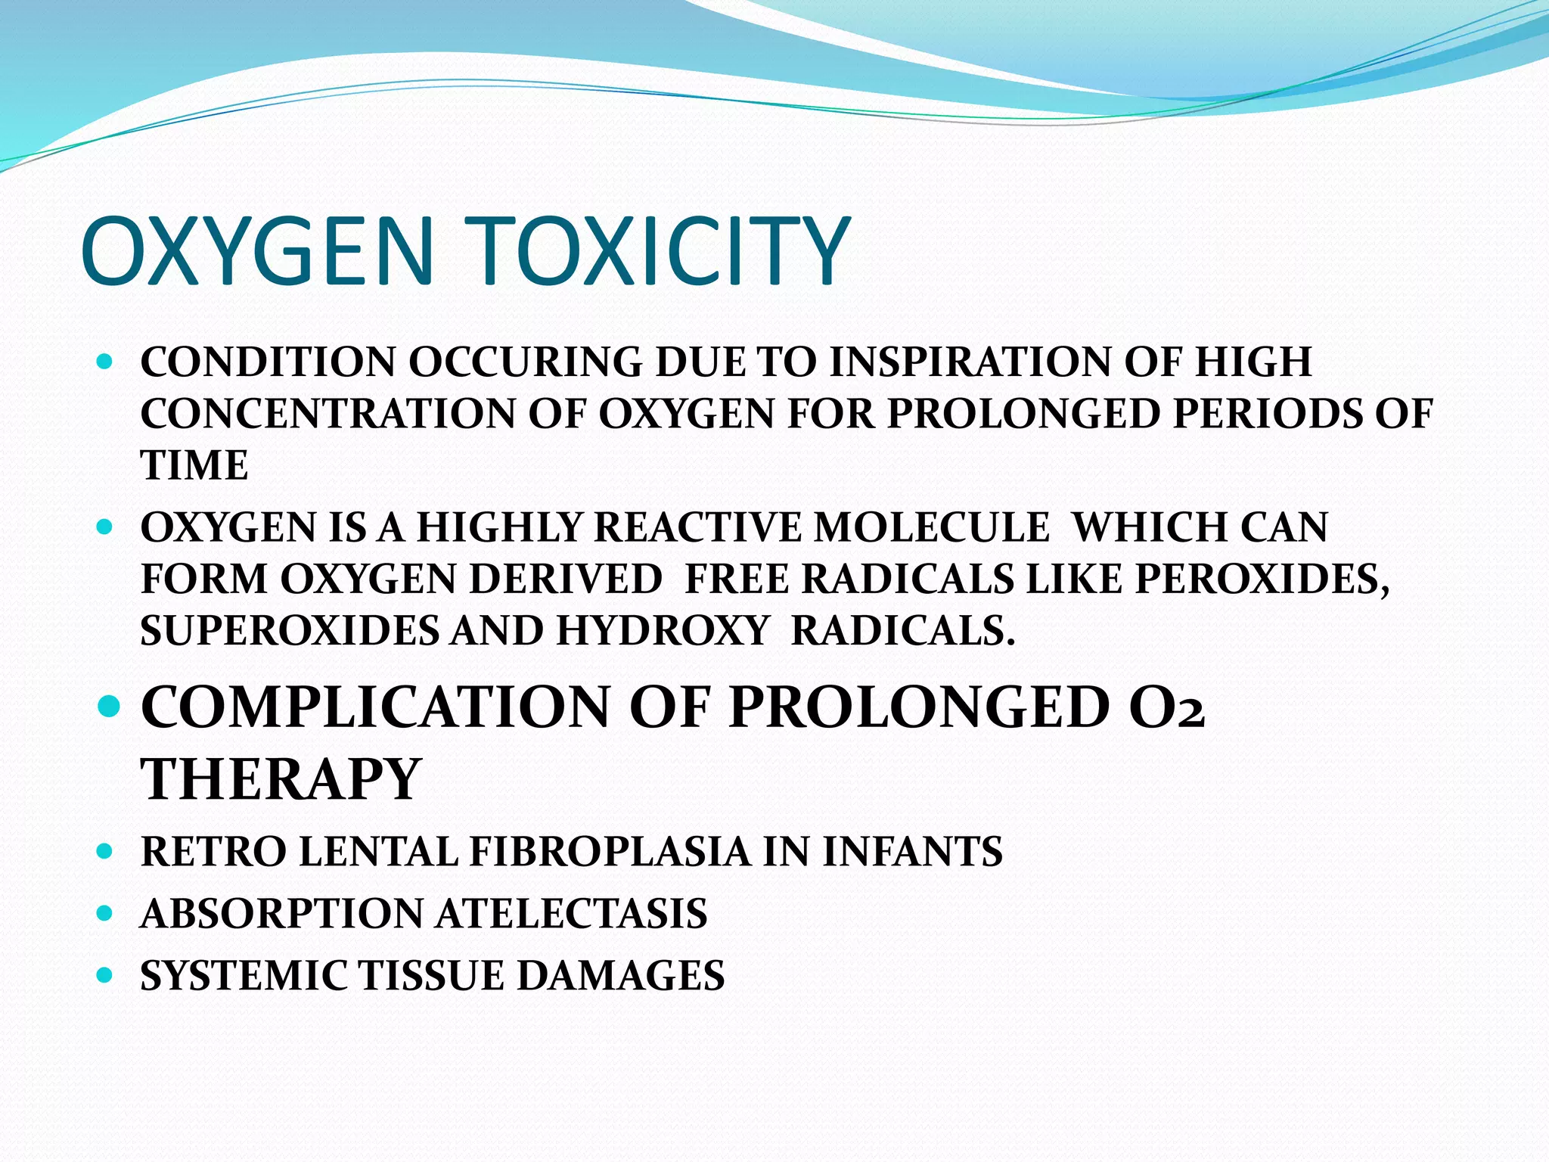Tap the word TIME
[x=194, y=465]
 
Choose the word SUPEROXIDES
[x=289, y=631]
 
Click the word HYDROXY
[x=663, y=631]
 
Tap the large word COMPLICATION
[x=375, y=707]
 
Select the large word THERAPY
[x=281, y=779]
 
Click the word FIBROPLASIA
[x=610, y=851]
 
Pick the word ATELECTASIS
[x=572, y=913]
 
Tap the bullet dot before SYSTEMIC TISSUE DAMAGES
[x=106, y=975]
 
